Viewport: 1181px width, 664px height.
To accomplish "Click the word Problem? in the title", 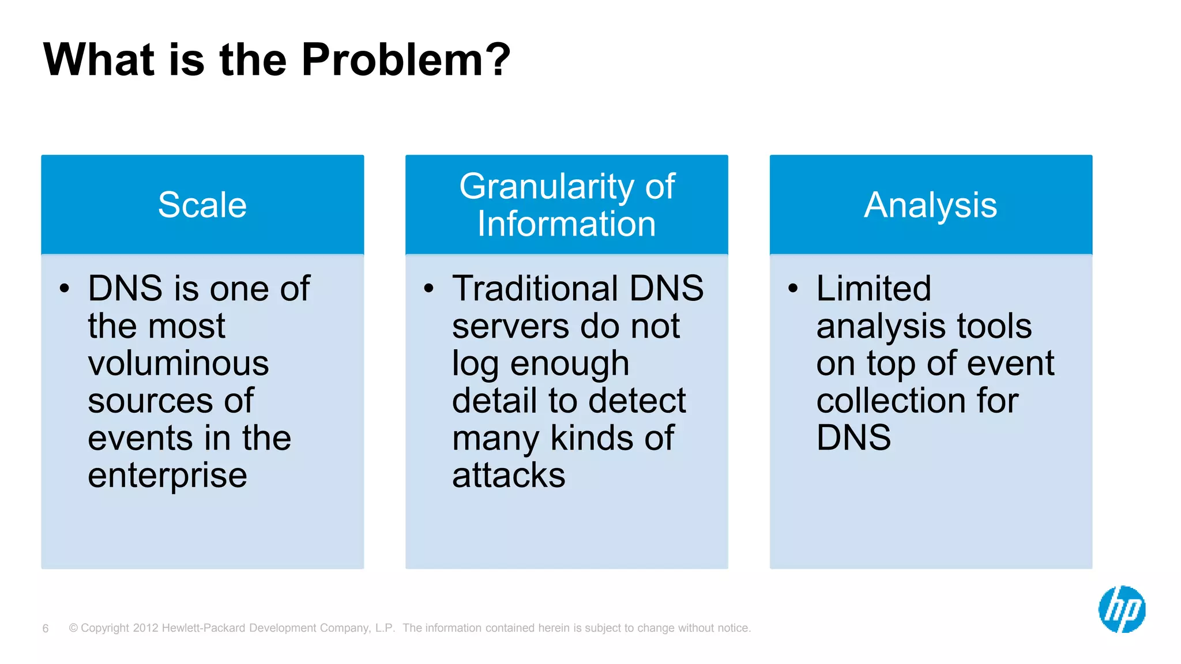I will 405,60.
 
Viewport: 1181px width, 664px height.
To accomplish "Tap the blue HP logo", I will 1122,609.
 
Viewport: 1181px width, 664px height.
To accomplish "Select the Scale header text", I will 202,205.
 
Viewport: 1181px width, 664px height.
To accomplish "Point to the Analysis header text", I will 930,205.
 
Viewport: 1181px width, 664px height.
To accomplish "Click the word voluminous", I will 178,364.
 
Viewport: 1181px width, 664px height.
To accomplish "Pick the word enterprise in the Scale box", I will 167,476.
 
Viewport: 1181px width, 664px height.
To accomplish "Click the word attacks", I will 509,476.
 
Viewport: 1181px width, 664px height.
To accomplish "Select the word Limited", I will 873,288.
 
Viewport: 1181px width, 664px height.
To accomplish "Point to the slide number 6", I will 46,628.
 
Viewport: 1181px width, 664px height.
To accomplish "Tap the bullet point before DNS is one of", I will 65,288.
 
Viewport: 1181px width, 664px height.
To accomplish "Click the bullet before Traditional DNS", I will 428,288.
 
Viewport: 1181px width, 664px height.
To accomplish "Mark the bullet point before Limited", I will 793,288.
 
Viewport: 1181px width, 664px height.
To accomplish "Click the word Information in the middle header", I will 566,224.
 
